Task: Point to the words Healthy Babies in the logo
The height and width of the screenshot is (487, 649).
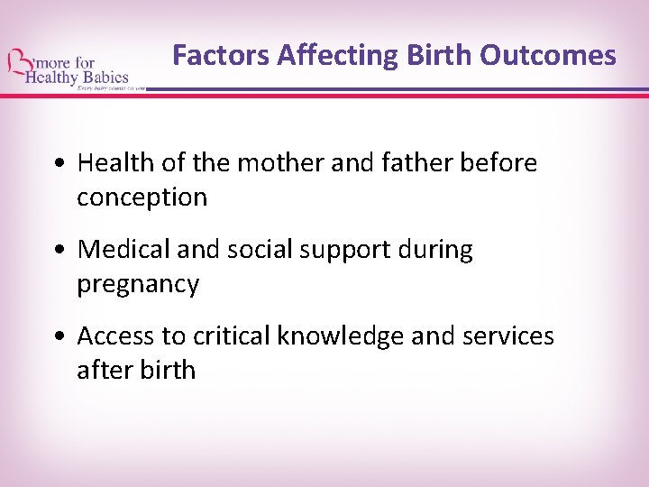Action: [78, 78]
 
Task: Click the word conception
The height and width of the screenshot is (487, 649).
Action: [142, 198]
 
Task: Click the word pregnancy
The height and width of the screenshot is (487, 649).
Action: [137, 285]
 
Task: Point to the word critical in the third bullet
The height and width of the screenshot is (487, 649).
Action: [224, 336]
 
